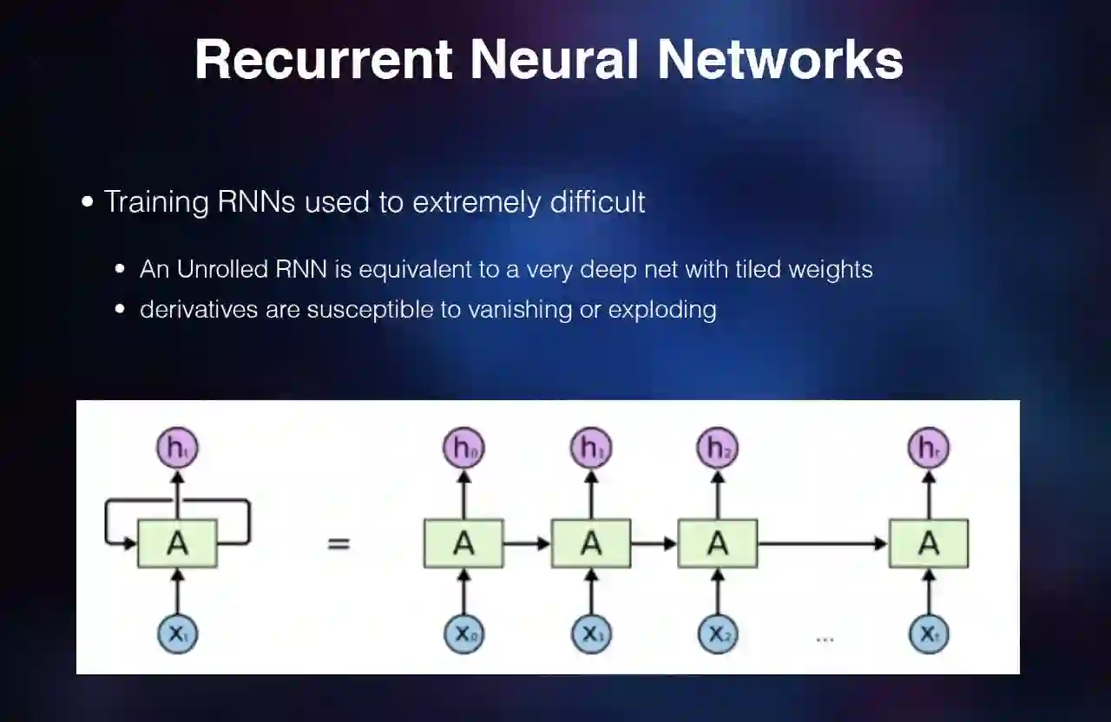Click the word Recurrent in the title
pos(323,59)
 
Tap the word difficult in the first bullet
pos(597,202)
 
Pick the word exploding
pos(662,309)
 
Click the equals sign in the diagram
pos(339,544)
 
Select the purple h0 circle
pos(463,449)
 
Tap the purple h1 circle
pos(591,449)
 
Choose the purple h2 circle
pos(718,449)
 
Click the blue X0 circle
pos(463,634)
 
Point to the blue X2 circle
pos(718,634)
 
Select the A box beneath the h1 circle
pos(591,544)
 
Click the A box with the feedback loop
pos(177,544)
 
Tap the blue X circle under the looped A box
pos(177,634)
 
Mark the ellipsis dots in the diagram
pos(825,640)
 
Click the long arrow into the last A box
pos(822,544)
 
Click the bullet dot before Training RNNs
pos(87,202)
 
